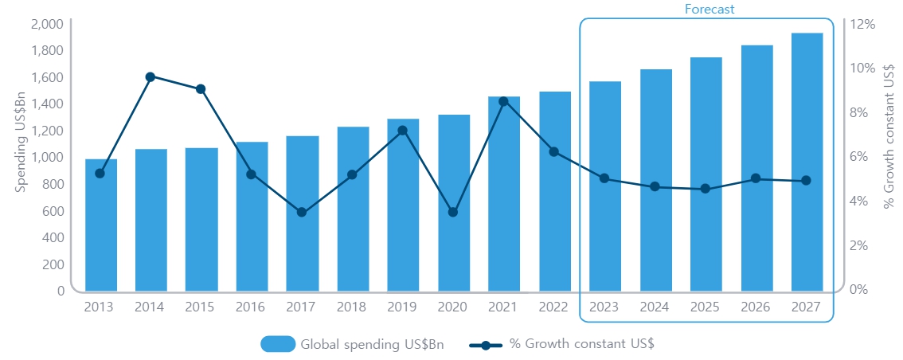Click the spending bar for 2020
(x=454, y=203)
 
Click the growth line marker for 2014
(x=150, y=76)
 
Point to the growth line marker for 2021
(x=503, y=101)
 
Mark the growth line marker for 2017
(x=302, y=213)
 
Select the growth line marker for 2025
(x=706, y=189)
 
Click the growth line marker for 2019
(x=403, y=131)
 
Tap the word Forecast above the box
(x=709, y=9)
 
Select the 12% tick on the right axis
(x=862, y=24)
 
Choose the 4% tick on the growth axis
(x=860, y=201)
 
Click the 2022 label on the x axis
(x=554, y=307)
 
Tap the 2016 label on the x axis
(x=252, y=307)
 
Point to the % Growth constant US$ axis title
(x=889, y=136)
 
